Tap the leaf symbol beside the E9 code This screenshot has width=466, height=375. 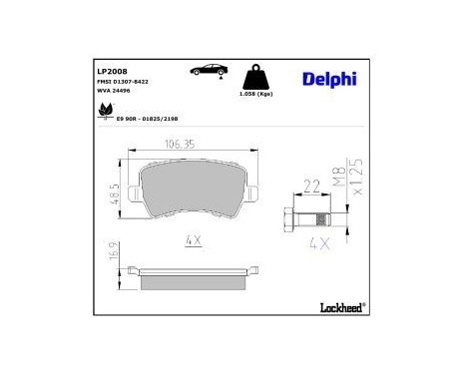point(105,113)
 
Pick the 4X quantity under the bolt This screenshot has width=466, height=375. point(320,241)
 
